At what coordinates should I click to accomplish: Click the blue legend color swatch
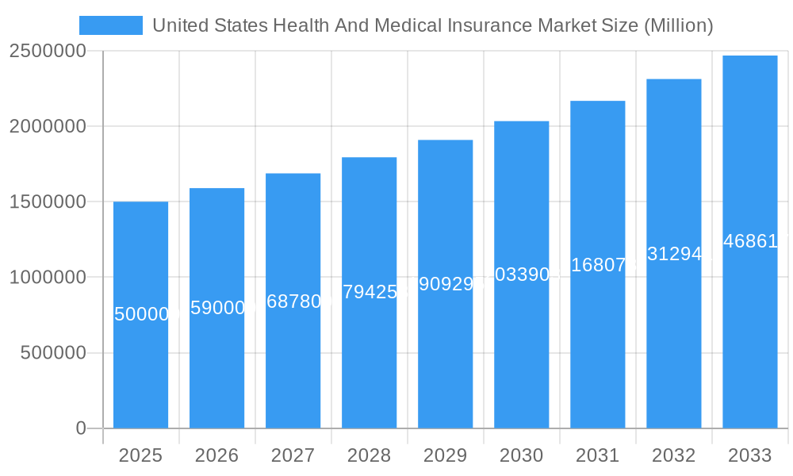pyautogui.click(x=111, y=25)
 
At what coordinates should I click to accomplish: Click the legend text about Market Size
pyautogui.click(x=433, y=25)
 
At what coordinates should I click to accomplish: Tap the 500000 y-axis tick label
pyautogui.click(x=52, y=353)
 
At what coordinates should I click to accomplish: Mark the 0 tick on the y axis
pyautogui.click(x=81, y=428)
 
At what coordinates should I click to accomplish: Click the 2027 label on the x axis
pyautogui.click(x=293, y=455)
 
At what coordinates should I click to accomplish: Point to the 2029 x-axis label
pyautogui.click(x=445, y=455)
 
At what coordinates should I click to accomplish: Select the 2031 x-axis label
pyautogui.click(x=597, y=455)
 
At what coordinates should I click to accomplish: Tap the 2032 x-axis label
pyautogui.click(x=673, y=455)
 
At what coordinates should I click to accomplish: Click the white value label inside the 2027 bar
pyautogui.click(x=293, y=301)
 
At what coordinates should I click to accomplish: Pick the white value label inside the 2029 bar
pyautogui.click(x=446, y=284)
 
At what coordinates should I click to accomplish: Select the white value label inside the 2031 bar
pyautogui.click(x=598, y=265)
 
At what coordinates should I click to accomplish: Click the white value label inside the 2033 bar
pyautogui.click(x=750, y=241)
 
